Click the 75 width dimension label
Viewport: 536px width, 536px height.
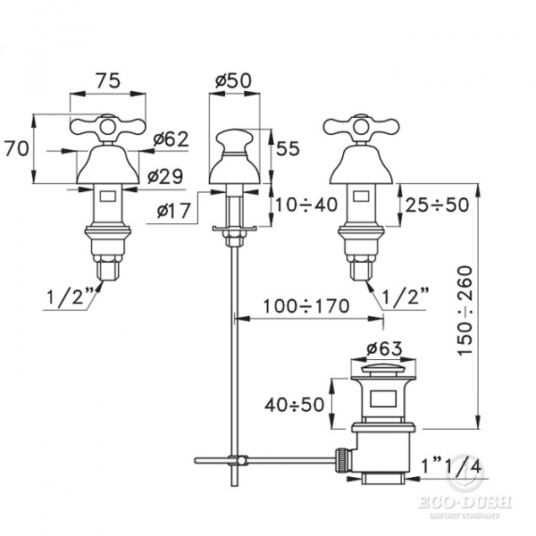(x=108, y=81)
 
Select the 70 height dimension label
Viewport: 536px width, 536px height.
(x=16, y=149)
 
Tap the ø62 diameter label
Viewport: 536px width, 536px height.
(x=171, y=139)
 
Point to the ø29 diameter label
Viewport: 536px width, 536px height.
(x=165, y=176)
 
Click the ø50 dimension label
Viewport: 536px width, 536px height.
(x=233, y=81)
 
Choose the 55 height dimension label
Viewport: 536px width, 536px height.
(x=288, y=148)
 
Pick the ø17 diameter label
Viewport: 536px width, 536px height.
(x=173, y=211)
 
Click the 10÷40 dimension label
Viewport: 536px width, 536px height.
(x=306, y=205)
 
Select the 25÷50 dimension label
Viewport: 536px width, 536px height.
(x=437, y=205)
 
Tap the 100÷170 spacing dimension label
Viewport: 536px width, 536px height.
(x=306, y=306)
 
